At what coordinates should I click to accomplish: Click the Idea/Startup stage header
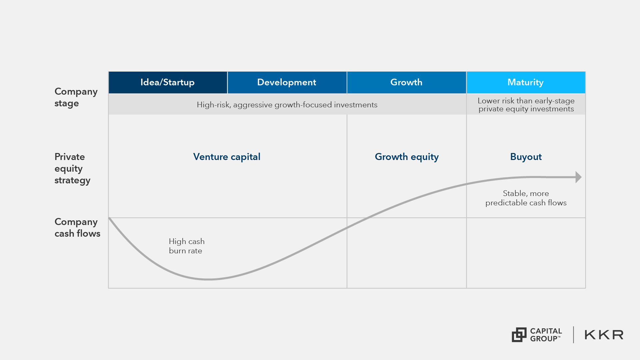coord(168,82)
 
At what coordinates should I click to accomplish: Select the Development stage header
coord(287,82)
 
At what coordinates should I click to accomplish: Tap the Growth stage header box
coord(406,82)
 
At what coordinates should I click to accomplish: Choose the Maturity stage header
coord(526,82)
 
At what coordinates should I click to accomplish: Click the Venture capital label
coord(227,157)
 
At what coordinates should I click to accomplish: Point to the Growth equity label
coord(407,157)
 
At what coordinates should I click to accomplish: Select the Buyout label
coord(526,157)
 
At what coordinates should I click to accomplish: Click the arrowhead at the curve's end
coord(579,177)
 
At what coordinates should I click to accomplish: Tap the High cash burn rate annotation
coord(186,246)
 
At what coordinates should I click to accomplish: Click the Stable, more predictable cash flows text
coord(526,198)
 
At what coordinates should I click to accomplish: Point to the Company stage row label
coord(76,97)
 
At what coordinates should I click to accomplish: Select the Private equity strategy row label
coord(72,168)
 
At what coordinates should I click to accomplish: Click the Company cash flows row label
coord(77,228)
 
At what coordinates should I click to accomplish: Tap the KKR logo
coord(604,335)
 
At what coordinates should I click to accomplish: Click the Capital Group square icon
coord(519,335)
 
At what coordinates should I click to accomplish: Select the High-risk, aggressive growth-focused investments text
coord(287,105)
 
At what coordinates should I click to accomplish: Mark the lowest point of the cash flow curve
coord(207,279)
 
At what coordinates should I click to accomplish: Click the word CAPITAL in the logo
coord(546,331)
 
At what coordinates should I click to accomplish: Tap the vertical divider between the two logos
coord(573,335)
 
